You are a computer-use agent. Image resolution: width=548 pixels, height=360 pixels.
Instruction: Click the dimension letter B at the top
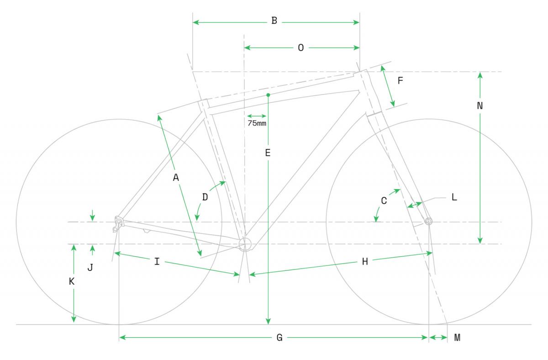[x=274, y=21]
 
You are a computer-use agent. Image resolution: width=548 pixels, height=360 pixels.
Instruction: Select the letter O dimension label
[x=301, y=48]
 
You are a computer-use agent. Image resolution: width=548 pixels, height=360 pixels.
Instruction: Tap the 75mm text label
[x=257, y=123]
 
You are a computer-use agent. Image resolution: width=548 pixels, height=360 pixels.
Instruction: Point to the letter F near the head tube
[x=400, y=80]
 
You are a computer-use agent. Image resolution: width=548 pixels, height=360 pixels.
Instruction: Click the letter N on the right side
[x=480, y=106]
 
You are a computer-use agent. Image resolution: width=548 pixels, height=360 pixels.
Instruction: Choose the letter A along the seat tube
[x=176, y=177]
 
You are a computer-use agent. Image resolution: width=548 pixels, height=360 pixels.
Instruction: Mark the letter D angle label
[x=205, y=197]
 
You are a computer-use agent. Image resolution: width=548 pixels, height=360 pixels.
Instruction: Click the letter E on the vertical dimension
[x=268, y=153]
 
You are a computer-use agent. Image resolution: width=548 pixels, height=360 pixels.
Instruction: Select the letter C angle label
[x=384, y=201]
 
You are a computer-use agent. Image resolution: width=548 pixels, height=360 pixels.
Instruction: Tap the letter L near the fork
[x=454, y=197]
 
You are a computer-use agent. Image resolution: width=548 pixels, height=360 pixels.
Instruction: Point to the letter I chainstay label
[x=157, y=262]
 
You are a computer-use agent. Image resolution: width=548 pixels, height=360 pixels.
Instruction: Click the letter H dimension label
[x=365, y=262]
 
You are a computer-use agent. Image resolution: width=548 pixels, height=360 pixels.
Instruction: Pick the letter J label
[x=90, y=268]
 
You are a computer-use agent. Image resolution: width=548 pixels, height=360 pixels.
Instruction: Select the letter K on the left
[x=71, y=281]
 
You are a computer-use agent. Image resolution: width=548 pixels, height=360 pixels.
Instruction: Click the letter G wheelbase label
[x=279, y=338]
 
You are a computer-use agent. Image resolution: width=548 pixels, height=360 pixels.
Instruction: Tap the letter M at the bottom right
[x=457, y=338]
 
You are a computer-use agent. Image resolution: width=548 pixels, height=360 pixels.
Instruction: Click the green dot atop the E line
[x=268, y=95]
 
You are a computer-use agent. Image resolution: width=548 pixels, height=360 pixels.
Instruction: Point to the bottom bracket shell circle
[x=245, y=244]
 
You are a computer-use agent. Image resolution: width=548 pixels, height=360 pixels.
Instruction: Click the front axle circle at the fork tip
[x=428, y=222]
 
